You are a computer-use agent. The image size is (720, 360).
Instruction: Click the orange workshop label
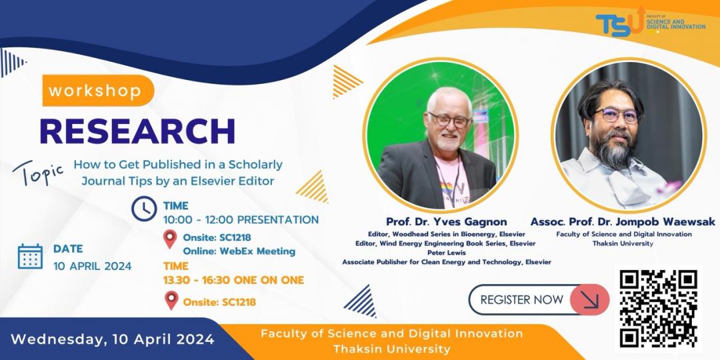pos(98,91)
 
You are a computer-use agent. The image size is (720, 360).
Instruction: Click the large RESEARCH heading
pos(137,131)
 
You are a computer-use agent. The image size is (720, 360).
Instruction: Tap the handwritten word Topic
pos(37,173)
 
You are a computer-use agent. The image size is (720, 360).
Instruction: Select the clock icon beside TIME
pos(144,209)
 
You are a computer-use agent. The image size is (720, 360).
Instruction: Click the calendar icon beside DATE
pos(30,256)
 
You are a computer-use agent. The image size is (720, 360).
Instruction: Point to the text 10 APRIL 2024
pos(92,266)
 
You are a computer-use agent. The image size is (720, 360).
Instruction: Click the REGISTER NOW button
pos(539,300)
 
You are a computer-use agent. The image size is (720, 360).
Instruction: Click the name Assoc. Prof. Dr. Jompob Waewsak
pos(623,222)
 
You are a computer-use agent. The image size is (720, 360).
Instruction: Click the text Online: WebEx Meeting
pos(239,251)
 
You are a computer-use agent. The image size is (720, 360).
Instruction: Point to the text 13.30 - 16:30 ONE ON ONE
pos(233,280)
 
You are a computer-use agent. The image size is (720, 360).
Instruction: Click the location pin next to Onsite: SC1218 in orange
pos(171,300)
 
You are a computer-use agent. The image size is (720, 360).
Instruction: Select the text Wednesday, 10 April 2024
pos(113,339)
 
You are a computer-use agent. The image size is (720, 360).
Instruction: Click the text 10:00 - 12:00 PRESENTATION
pos(241,219)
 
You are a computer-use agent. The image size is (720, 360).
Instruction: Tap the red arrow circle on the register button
pos(589,300)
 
